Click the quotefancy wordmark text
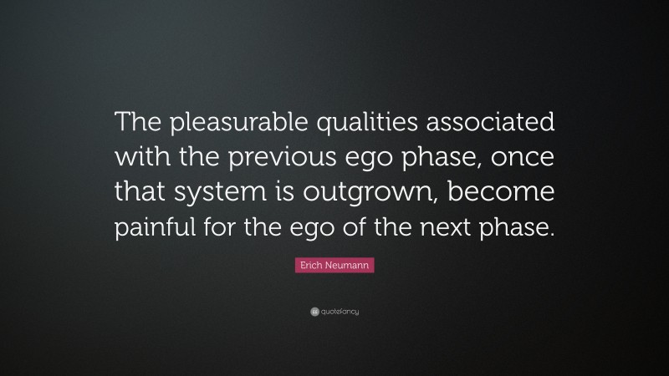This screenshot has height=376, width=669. (340, 312)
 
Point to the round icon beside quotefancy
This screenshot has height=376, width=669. (314, 312)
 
